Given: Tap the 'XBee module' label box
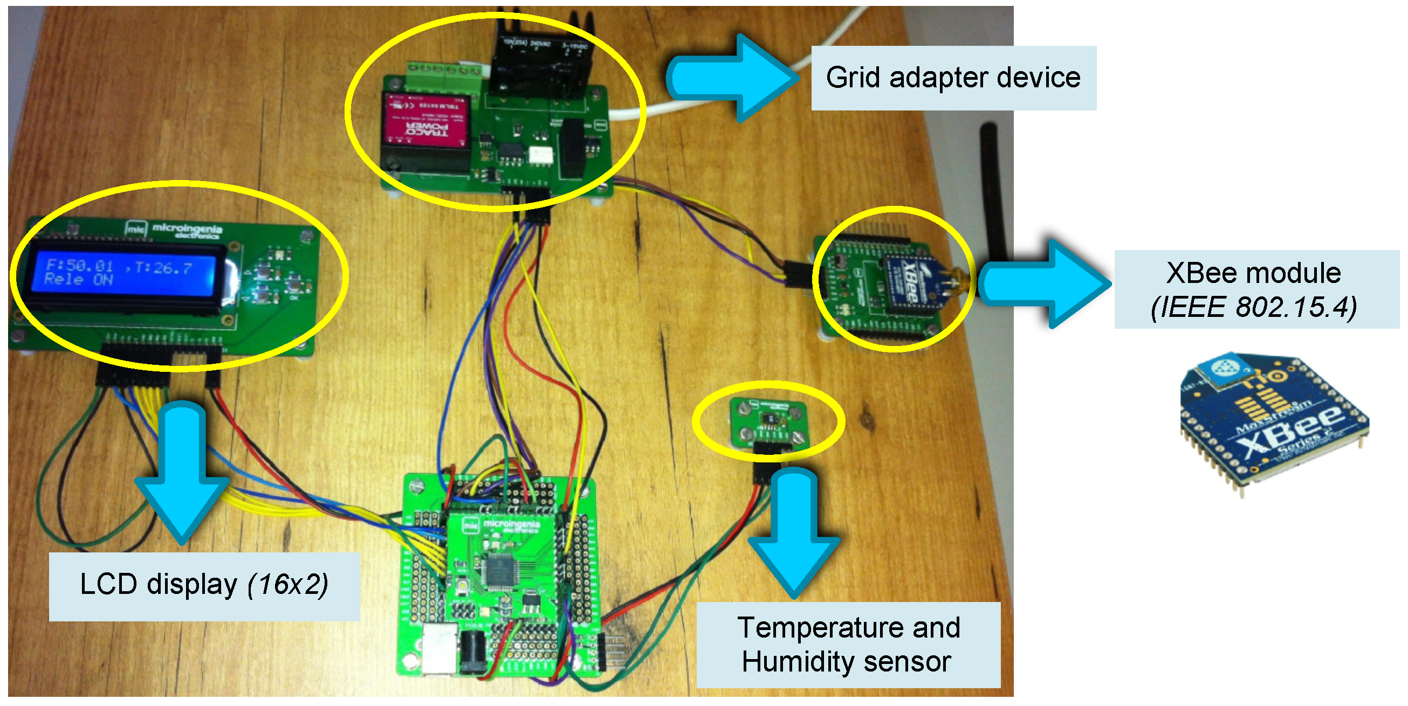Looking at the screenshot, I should pyautogui.click(x=1255, y=289).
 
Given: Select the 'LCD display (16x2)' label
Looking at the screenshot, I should pyautogui.click(x=204, y=585).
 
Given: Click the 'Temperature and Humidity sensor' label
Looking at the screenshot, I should pyautogui.click(x=848, y=644).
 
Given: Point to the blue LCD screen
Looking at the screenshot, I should pyautogui.click(x=123, y=276).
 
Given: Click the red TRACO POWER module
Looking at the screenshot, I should pyautogui.click(x=427, y=122).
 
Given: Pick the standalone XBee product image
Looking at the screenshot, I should pyautogui.click(x=1274, y=421).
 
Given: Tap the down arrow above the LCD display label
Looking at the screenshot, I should pyautogui.click(x=182, y=470).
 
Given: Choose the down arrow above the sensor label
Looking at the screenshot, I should pyautogui.click(x=794, y=530).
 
